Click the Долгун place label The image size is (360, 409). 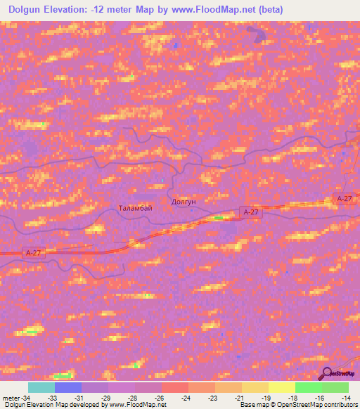pyautogui.click(x=184, y=202)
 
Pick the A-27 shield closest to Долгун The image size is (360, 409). pyautogui.click(x=251, y=212)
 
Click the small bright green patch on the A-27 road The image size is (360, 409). pyautogui.click(x=218, y=218)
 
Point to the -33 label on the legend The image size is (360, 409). pyautogui.click(x=51, y=398)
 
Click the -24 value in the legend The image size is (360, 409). pyautogui.click(x=186, y=398)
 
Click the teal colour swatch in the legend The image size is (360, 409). pyautogui.click(x=41, y=387)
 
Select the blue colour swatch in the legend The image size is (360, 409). pyautogui.click(x=68, y=387)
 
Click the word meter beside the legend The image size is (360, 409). pyautogui.click(x=9, y=398)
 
